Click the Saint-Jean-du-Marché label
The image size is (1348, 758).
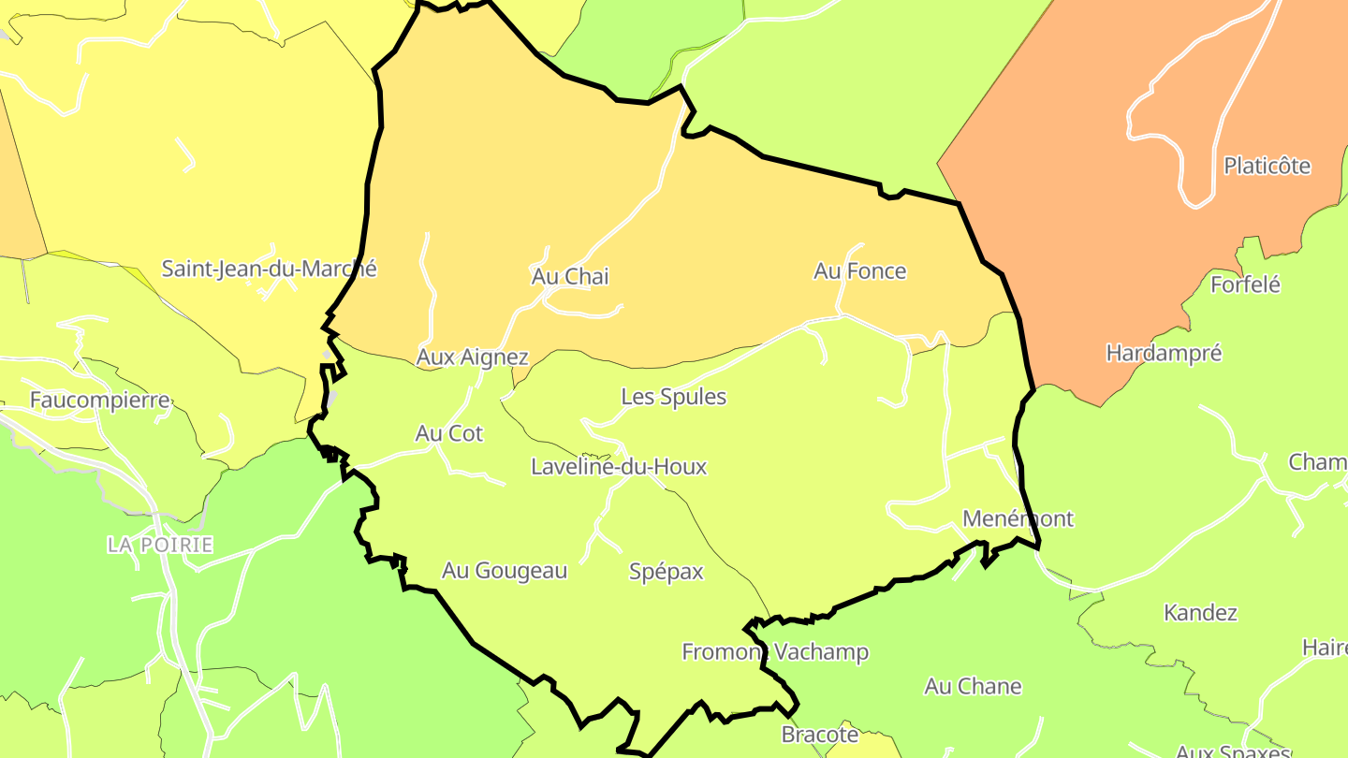269,270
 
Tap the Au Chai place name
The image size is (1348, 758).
570,277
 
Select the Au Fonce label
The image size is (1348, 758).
859,271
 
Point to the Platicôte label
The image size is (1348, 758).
1267,167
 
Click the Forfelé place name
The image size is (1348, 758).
1245,284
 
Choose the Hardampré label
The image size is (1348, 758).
1164,354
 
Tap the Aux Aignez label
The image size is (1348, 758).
472,357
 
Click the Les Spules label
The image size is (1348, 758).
673,397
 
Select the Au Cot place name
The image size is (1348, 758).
449,434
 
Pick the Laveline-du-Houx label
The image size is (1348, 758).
619,467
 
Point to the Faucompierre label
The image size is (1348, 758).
100,401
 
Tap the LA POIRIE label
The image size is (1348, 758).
160,545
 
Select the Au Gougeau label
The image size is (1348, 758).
505,571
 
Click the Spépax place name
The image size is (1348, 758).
666,572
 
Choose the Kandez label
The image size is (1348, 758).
1200,613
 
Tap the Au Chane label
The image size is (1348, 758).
973,687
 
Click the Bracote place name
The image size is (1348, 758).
820,736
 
